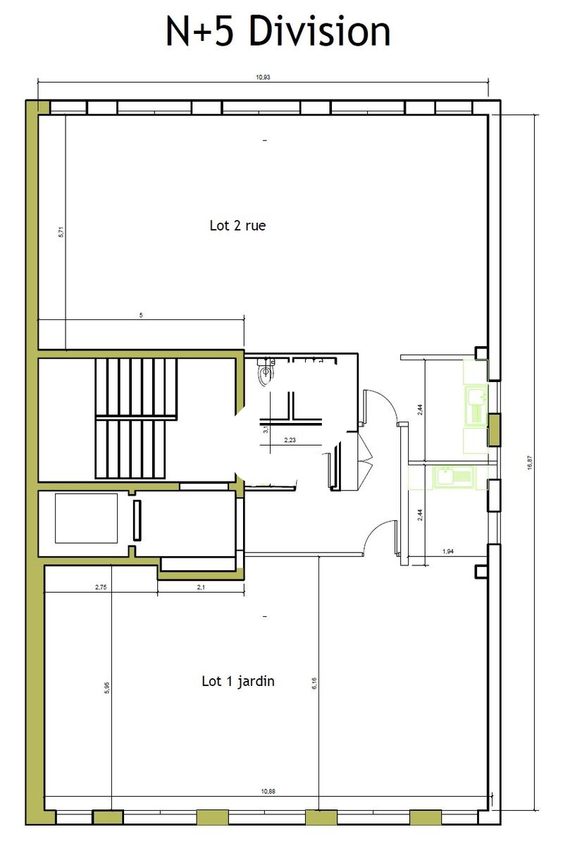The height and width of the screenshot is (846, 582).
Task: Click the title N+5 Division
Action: tap(278, 31)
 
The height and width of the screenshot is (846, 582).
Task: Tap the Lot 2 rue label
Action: tap(237, 226)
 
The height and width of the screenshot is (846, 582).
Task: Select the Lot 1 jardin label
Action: tap(237, 681)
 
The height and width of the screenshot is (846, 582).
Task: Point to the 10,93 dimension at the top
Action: tap(263, 78)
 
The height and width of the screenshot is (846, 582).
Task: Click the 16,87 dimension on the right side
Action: tap(530, 462)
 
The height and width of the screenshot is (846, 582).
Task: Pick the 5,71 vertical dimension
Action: tap(61, 231)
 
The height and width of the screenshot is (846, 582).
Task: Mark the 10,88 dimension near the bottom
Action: tap(268, 791)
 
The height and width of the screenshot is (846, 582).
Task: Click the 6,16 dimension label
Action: tap(314, 683)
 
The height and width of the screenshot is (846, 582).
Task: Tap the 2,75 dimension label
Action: tap(101, 587)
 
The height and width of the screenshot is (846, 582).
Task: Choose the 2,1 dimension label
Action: tap(201, 587)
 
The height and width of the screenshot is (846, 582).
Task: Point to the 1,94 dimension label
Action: tap(448, 551)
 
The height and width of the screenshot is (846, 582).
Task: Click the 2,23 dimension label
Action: tap(290, 440)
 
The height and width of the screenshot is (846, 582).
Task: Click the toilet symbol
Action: tap(266, 372)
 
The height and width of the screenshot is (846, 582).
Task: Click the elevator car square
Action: tap(86, 518)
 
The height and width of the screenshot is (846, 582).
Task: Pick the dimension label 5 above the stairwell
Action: tap(141, 315)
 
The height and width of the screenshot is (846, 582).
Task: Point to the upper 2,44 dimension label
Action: tap(420, 410)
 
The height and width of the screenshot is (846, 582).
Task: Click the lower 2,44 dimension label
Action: tap(420, 515)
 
